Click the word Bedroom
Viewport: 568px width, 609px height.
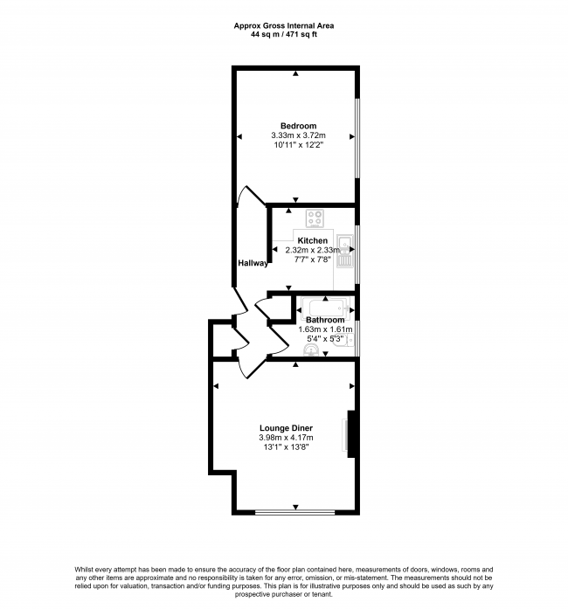coord(298,125)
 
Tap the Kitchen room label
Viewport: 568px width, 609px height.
coord(313,240)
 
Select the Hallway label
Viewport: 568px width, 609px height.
coord(252,263)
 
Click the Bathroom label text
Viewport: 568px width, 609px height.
coord(324,320)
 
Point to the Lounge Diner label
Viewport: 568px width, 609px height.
coord(286,427)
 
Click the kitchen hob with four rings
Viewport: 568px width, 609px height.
coord(315,218)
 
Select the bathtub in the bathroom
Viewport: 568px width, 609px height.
coord(324,307)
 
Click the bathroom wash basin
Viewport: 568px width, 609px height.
coord(309,350)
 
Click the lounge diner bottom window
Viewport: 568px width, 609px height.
coord(294,511)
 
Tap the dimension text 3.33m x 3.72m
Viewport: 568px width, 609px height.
coord(298,135)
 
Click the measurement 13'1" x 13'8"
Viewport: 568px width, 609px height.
coord(286,446)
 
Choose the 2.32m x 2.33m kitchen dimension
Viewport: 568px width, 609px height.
coord(313,250)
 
